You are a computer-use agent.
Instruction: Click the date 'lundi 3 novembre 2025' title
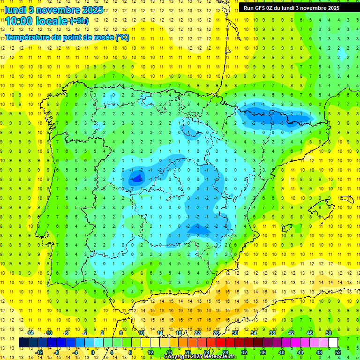pos(54,10)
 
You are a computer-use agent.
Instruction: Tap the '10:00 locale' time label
pos(36,21)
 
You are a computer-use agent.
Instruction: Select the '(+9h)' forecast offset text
pos(78,21)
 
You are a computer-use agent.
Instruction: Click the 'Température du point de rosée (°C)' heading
pos(67,37)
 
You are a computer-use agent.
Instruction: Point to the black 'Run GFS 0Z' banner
pos(295,8)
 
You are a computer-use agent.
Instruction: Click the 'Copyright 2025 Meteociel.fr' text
pos(200,357)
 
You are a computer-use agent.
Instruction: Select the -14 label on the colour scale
pos(30,333)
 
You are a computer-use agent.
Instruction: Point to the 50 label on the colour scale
pos(329,333)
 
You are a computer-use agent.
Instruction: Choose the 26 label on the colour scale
pos(216,333)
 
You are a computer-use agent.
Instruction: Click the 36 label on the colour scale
pos(262,352)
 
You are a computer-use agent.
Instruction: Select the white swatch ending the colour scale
pos(333,343)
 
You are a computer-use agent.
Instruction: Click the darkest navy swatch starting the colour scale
pos(23,343)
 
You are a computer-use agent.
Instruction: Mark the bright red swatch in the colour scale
pos(220,343)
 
